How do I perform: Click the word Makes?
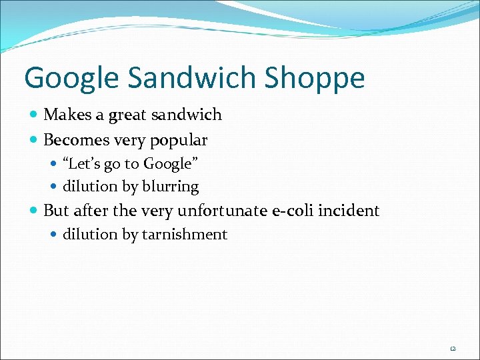click(x=69, y=115)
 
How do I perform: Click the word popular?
click(x=179, y=141)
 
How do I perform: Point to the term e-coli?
click(x=293, y=211)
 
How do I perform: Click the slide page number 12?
click(x=452, y=349)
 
